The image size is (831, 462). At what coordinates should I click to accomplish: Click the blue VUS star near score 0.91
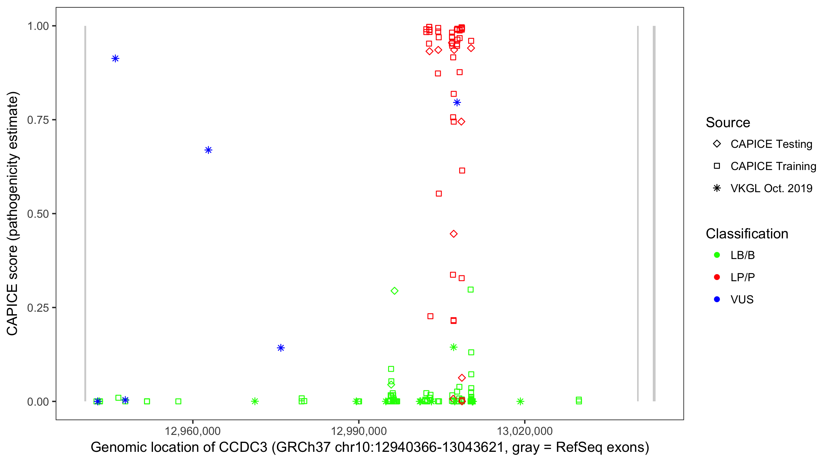coord(115,59)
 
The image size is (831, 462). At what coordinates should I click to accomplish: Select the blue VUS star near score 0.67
coord(208,150)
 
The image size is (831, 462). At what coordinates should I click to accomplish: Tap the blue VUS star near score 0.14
coord(281,348)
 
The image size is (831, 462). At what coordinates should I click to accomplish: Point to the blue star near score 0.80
coord(457,103)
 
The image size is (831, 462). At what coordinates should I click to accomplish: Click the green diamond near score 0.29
coord(394,291)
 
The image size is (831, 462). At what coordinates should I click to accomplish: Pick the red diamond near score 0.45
coord(454,234)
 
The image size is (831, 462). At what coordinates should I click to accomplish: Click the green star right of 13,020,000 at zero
coord(520,401)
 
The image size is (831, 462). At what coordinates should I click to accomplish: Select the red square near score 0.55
coord(439,194)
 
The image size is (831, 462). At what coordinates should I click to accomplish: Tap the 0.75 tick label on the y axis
coord(38,120)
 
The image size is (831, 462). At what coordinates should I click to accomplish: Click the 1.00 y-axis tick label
coord(38,26)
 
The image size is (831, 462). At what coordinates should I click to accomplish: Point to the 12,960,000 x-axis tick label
coord(193,431)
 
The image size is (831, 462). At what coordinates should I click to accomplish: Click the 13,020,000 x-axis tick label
coord(524,431)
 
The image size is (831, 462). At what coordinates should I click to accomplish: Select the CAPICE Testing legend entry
coord(771,144)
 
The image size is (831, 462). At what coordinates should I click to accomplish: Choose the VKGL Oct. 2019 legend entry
coord(771,188)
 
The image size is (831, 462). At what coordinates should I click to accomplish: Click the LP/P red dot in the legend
coord(717,277)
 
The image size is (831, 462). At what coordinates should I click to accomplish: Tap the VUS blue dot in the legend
coord(717,299)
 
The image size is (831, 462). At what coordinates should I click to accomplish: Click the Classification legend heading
coord(747,234)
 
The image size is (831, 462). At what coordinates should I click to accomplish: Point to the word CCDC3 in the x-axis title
coord(243,448)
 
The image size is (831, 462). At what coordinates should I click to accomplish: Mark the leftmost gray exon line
coord(85,213)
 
